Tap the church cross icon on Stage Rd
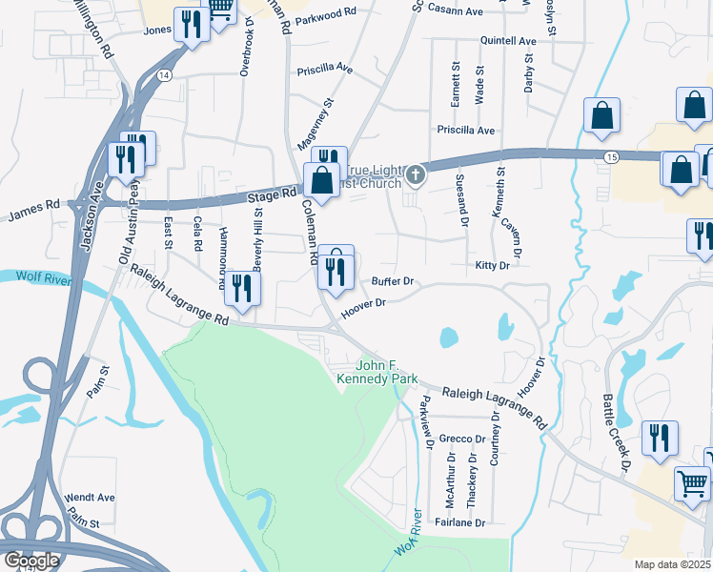click(415, 174)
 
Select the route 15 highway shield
click(610, 155)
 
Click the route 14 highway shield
click(165, 74)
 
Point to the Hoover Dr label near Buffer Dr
click(363, 304)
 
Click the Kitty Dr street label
click(492, 266)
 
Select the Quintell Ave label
click(509, 41)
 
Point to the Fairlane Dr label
click(461, 522)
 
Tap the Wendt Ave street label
click(90, 498)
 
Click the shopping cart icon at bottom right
click(692, 482)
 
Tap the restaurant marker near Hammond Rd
click(242, 290)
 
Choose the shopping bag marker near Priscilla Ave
click(603, 116)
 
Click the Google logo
click(31, 561)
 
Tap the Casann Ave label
click(460, 10)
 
